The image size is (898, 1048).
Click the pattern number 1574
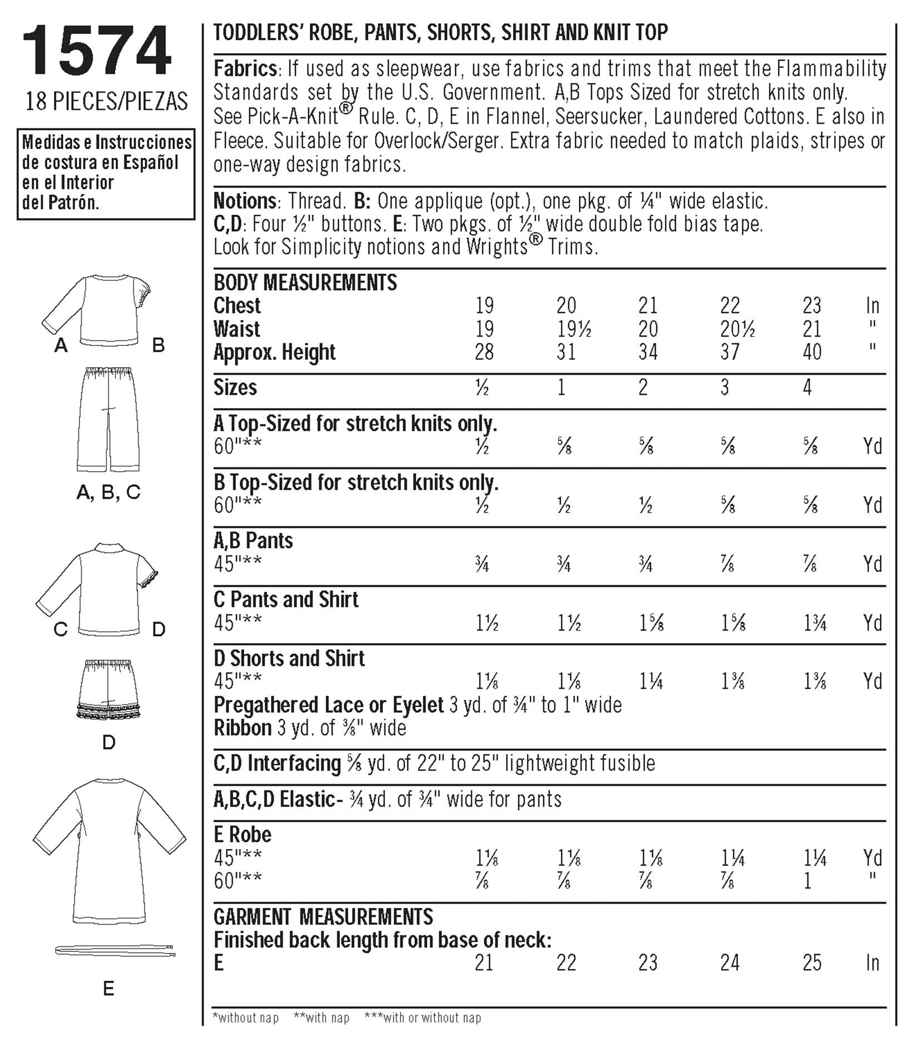pos(96,51)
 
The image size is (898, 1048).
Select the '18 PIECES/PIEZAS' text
pos(106,101)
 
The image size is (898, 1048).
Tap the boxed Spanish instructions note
pos(106,172)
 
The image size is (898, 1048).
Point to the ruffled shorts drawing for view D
pos(109,690)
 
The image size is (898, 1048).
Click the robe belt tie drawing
pos(115,950)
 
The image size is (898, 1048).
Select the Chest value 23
pos(812,305)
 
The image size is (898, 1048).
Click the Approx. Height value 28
pos(484,352)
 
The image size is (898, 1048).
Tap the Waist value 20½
pos(737,329)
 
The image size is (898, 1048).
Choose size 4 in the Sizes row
pos(807,387)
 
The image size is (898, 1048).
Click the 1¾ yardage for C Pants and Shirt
pos(815,623)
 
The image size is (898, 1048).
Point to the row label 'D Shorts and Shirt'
pos(289,659)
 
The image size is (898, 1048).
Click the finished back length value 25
pos(812,963)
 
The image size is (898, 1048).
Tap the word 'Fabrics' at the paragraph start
pos(245,68)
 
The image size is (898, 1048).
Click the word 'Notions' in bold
pos(245,201)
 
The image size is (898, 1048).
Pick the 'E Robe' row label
pos(243,834)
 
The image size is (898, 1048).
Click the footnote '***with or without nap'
pos(422,1017)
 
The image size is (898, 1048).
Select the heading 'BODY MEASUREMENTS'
pos(305,283)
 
